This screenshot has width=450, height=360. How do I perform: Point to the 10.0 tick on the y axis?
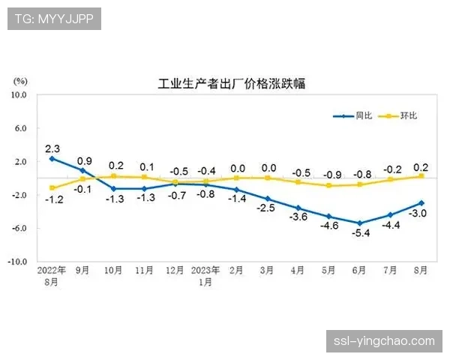(17, 95)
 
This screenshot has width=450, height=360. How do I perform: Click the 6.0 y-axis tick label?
(19, 128)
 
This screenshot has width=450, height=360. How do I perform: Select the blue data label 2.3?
(52, 148)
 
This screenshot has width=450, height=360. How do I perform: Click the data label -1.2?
(52, 199)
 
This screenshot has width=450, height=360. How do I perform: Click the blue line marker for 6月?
(360, 223)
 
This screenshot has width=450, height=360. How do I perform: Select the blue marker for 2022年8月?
(52, 158)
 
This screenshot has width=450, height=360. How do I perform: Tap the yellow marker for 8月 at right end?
(421, 176)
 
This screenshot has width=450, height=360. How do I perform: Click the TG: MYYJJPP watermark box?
(54, 19)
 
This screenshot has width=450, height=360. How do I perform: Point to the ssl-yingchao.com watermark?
(383, 340)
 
